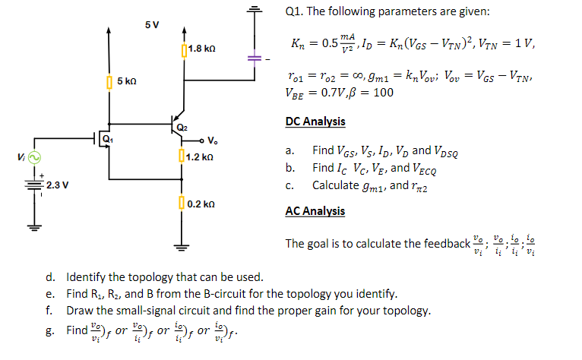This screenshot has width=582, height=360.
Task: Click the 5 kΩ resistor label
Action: pos(128,81)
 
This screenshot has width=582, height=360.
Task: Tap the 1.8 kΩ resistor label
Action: pos(201,49)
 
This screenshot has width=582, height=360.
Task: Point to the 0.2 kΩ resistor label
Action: pos(201,204)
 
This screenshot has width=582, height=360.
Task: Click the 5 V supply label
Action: pos(151,24)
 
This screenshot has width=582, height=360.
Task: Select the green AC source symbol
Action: pos(33,157)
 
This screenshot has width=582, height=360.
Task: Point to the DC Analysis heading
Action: pos(315,122)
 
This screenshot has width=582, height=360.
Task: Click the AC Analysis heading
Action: pos(315,211)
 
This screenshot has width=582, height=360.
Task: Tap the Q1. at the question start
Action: pos(295,11)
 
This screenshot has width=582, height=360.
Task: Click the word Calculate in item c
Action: pos(335,185)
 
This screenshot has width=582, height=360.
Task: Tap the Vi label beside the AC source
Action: pos(17,157)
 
